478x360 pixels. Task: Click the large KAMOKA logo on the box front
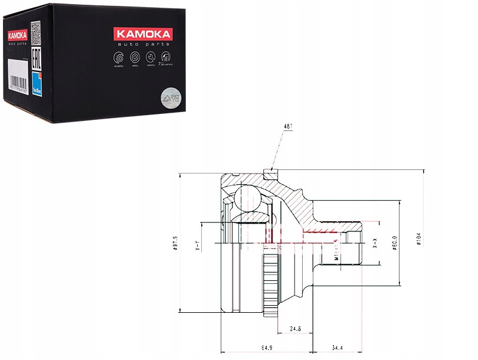click(x=139, y=34)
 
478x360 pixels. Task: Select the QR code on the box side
click(x=34, y=28)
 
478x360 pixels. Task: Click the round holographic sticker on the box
click(x=168, y=96)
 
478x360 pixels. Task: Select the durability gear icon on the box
click(x=117, y=58)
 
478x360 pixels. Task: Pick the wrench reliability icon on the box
click(x=150, y=57)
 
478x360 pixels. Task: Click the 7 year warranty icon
click(x=167, y=57)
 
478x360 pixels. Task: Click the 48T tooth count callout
click(x=286, y=126)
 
